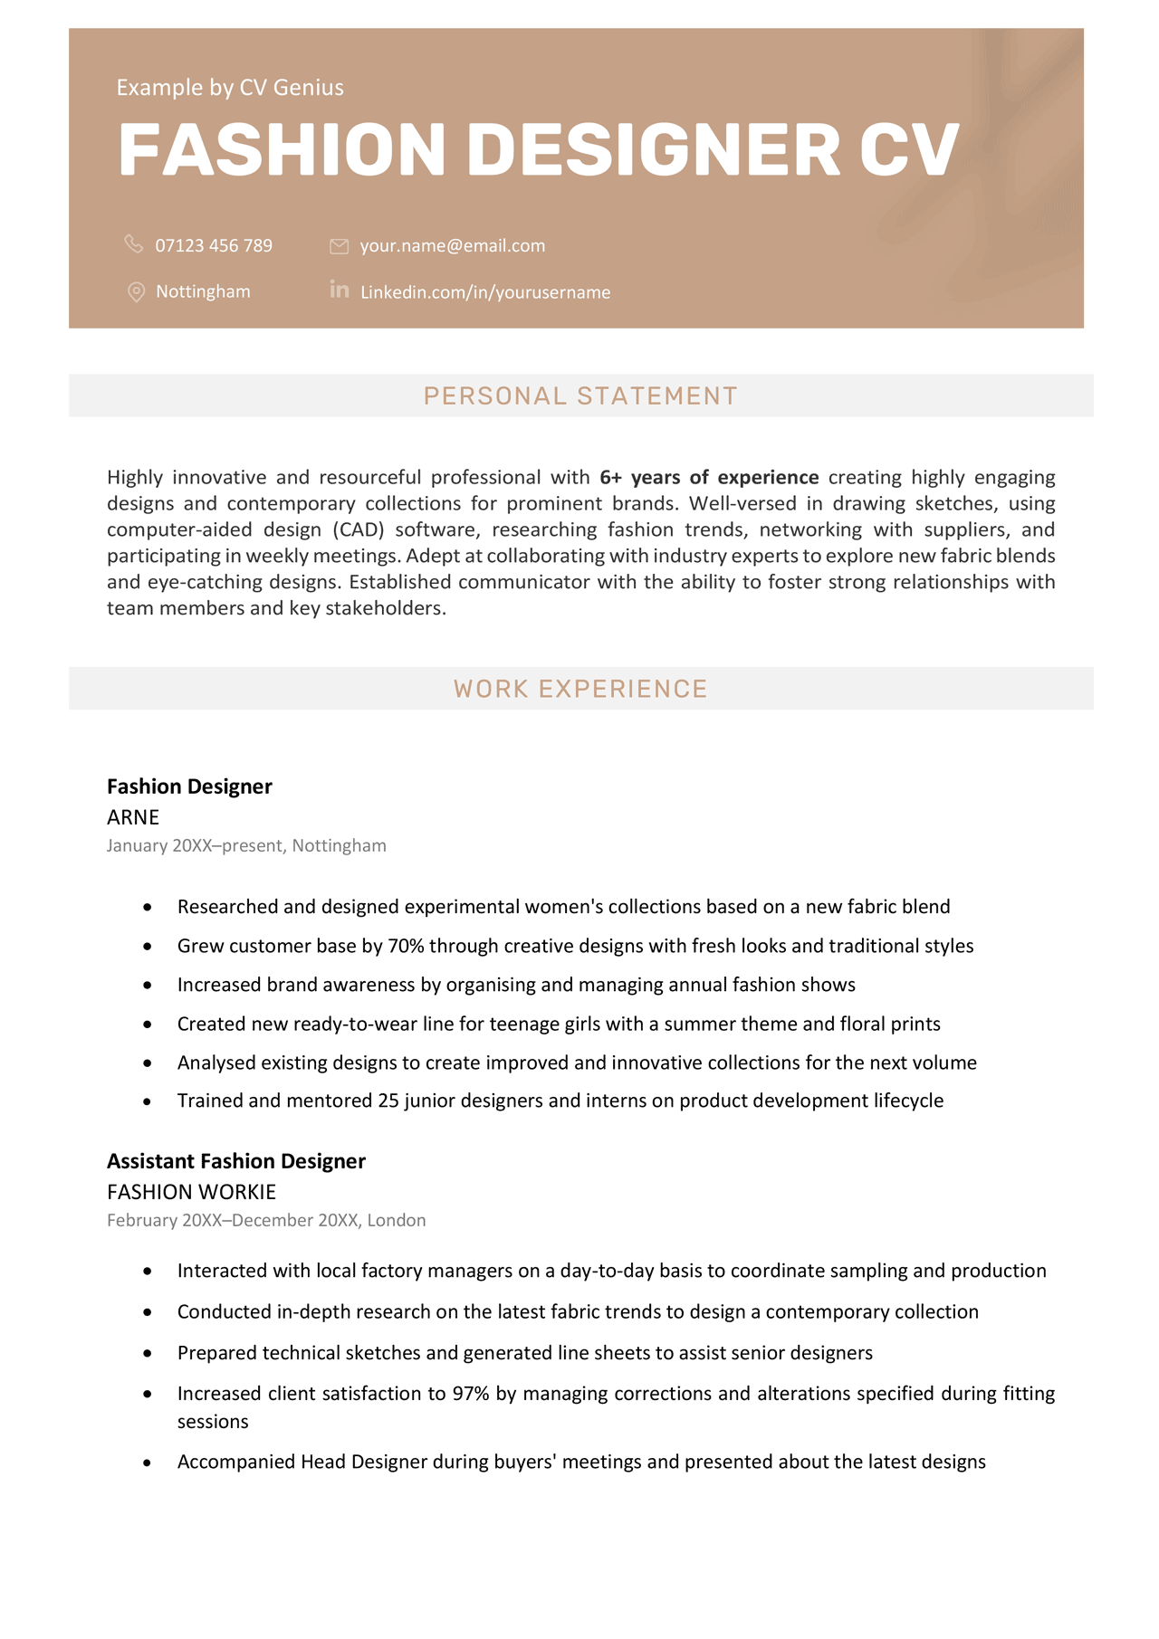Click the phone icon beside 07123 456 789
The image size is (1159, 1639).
[134, 244]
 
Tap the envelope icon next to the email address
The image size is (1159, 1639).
[340, 246]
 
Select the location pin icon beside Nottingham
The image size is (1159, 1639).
[136, 291]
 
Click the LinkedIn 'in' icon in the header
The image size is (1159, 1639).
[340, 290]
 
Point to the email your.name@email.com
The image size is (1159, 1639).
[452, 246]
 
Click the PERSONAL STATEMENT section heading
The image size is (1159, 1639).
[580, 396]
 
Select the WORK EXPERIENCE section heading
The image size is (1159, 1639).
[580, 689]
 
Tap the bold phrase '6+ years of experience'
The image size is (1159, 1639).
[709, 477]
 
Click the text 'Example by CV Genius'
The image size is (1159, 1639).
[230, 88]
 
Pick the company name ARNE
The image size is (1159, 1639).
[133, 817]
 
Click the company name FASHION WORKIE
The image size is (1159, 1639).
[191, 1192]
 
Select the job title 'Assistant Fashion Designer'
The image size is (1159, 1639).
[235, 1161]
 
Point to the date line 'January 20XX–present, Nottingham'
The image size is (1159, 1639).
[246, 845]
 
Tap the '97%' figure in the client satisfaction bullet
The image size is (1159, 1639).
[471, 1394]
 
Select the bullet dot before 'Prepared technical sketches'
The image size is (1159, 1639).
[148, 1353]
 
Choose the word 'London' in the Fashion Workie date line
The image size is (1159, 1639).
[396, 1220]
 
